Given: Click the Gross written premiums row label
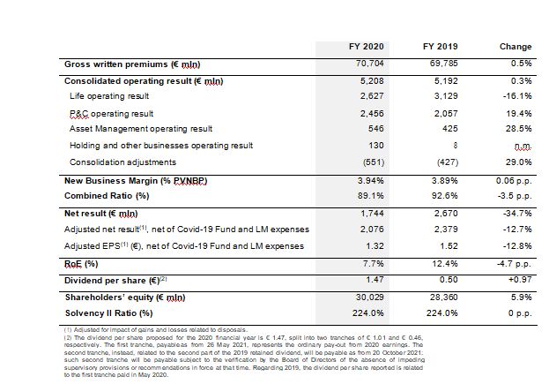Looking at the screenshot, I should pyautogui.click(x=132, y=64).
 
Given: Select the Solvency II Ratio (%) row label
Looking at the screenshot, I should pyautogui.click(x=108, y=312).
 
